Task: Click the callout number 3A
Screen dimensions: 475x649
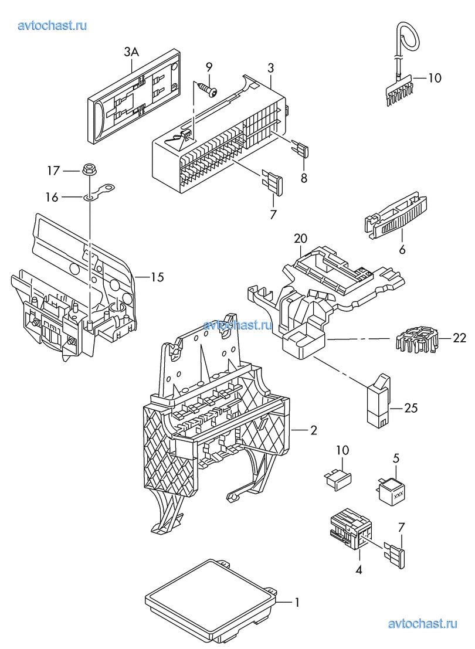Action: click(131, 52)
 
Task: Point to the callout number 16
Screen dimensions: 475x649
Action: click(52, 198)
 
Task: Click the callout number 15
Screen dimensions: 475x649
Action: click(157, 277)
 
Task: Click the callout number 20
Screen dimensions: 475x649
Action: click(301, 239)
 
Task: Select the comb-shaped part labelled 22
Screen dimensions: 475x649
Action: click(415, 339)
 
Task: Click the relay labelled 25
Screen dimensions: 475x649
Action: click(378, 400)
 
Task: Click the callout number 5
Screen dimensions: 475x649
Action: click(396, 458)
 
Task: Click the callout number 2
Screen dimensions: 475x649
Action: click(314, 430)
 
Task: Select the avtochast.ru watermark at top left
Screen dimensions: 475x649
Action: click(53, 25)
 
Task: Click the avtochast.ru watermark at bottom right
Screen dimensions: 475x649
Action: click(423, 623)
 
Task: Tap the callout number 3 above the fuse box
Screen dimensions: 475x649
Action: click(270, 67)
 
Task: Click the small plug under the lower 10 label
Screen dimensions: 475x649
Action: click(337, 478)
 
